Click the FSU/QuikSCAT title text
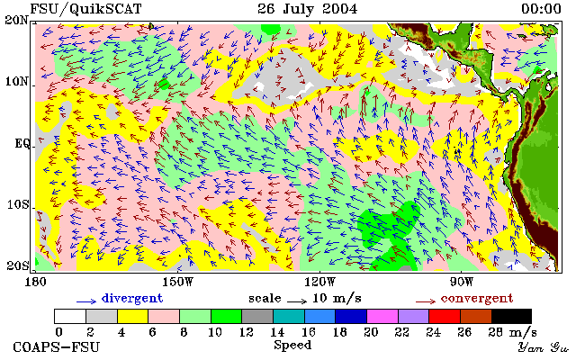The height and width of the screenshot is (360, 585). tap(85, 9)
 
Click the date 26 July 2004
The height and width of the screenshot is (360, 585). tap(308, 9)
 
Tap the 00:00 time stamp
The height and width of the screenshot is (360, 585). tap(541, 9)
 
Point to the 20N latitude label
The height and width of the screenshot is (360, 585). tap(16, 20)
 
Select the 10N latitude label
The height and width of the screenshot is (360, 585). tap(16, 81)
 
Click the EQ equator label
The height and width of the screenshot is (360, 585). tap(22, 144)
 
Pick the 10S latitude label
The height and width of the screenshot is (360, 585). tap(17, 205)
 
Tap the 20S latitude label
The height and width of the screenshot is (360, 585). tap(17, 265)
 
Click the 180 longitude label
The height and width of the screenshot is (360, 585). tap(35, 282)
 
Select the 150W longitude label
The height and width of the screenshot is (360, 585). tap(178, 282)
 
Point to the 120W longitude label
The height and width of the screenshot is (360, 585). tap(319, 282)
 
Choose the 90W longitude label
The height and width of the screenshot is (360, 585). tap(462, 282)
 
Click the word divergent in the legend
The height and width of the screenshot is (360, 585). tap(132, 299)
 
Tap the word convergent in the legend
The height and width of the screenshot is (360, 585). tap(477, 299)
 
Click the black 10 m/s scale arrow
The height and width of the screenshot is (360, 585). tap(297, 301)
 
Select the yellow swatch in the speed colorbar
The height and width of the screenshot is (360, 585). tap(133, 317)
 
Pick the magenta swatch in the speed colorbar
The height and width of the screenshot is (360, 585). tap(382, 317)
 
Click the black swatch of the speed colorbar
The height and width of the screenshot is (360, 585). tap(511, 317)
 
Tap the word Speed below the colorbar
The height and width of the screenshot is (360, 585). tap(292, 346)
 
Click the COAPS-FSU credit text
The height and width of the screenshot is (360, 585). tap(57, 347)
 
